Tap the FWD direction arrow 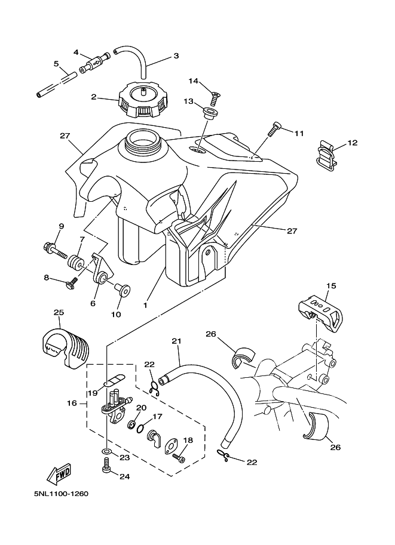click(60, 474)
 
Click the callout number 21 click(176, 341)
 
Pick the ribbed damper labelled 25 click(66, 348)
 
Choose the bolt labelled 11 click(273, 129)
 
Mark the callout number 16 click(72, 403)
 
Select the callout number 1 click(145, 306)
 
